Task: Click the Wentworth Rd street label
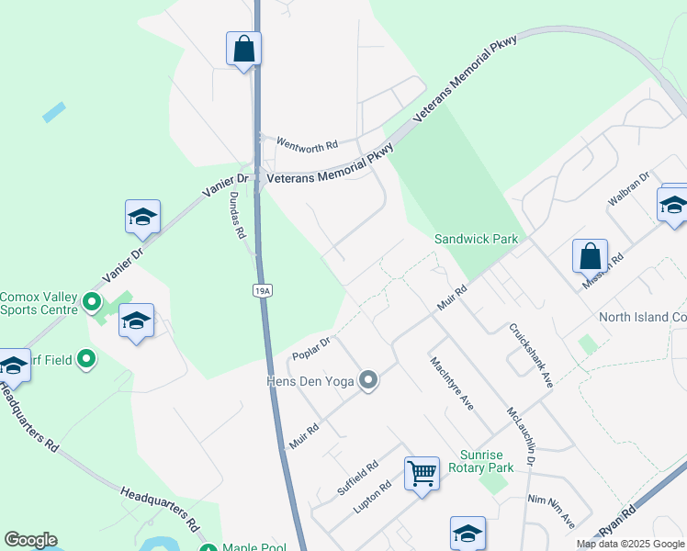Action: pyautogui.click(x=308, y=145)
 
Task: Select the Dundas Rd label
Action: pyautogui.click(x=237, y=216)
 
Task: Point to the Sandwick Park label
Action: pyautogui.click(x=476, y=239)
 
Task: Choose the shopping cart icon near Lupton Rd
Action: pyautogui.click(x=422, y=474)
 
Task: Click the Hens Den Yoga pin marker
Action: pyautogui.click(x=368, y=379)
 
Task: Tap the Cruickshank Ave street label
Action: pyautogui.click(x=530, y=355)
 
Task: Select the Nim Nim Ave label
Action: pyautogui.click(x=550, y=511)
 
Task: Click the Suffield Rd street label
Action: pyautogui.click(x=357, y=478)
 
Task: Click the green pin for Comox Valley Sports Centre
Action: pyautogui.click(x=92, y=301)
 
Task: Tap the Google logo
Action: pyautogui.click(x=30, y=540)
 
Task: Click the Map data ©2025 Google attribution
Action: pyautogui.click(x=629, y=544)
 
